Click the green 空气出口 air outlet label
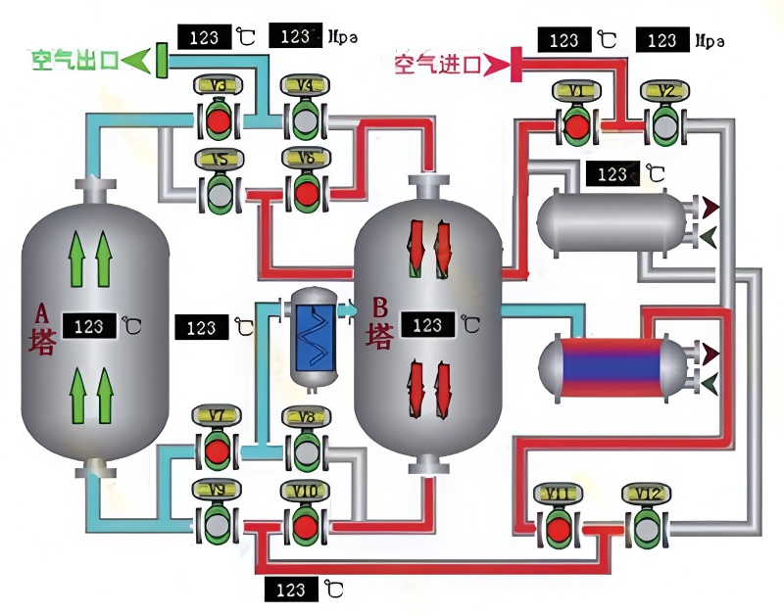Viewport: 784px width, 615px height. pos(75,61)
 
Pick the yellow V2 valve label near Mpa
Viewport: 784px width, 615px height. pos(662,91)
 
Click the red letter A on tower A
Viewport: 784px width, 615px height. pos(41,314)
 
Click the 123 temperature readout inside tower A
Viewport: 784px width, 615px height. pos(90,324)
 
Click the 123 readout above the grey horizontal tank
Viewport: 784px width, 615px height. pos(612,174)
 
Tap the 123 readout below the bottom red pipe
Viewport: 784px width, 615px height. pos(291,590)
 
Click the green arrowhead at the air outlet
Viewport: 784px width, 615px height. pos(139,61)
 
